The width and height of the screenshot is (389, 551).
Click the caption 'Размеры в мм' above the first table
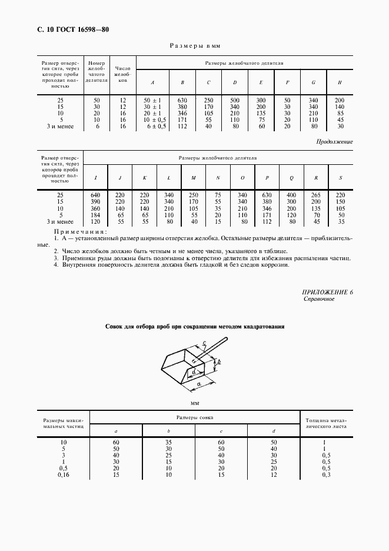pyautogui.click(x=194, y=45)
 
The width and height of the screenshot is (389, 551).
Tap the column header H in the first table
pyautogui.click(x=340, y=82)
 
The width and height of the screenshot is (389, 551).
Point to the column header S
pyautogui.click(x=341, y=177)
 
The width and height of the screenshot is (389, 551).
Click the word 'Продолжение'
pyautogui.click(x=334, y=142)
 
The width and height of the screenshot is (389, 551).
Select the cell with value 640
pyautogui.click(x=95, y=195)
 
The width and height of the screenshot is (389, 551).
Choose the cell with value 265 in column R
pyautogui.click(x=316, y=195)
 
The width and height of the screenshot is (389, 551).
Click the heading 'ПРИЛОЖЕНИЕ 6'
pyautogui.click(x=327, y=292)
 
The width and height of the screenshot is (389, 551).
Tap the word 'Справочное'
pyautogui.click(x=319, y=300)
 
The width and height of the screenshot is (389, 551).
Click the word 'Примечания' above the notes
pyautogui.click(x=77, y=233)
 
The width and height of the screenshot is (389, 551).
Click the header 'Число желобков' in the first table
pyautogui.click(x=122, y=74)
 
